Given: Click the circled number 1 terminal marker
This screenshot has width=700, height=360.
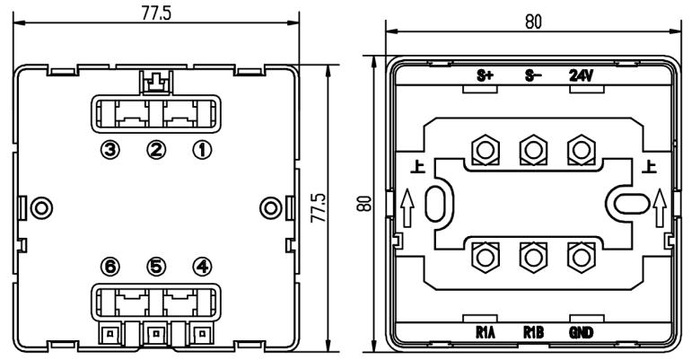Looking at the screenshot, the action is tap(202, 150).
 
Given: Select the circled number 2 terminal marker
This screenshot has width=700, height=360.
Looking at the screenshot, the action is tap(156, 150).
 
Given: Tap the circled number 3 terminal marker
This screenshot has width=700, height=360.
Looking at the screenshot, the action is tap(109, 150).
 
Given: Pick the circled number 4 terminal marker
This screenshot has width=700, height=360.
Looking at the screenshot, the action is tap(202, 267).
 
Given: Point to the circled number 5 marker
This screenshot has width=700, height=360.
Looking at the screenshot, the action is tap(156, 267).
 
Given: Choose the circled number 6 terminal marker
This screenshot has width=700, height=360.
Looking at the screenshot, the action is tap(109, 267).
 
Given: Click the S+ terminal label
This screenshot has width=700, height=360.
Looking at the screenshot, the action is tap(485, 76).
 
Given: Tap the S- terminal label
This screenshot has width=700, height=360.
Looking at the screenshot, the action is tap(533, 76).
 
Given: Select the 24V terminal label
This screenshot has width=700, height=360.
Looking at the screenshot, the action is tap(582, 76).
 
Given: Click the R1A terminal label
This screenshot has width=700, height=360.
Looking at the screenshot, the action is tap(486, 332).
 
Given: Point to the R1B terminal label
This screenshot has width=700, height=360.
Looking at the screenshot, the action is tap(533, 332).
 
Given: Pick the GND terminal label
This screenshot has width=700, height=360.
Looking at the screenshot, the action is tap(582, 332).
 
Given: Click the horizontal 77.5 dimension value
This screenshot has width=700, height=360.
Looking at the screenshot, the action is tap(156, 13).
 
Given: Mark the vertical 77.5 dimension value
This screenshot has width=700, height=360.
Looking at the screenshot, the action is tap(318, 208).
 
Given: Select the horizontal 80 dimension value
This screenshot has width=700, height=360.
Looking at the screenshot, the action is tap(533, 22).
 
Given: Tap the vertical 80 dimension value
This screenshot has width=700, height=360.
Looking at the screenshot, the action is tap(364, 204).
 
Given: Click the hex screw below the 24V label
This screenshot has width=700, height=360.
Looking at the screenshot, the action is tap(582, 151).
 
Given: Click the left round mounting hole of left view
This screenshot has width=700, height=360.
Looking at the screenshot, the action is tap(41, 207).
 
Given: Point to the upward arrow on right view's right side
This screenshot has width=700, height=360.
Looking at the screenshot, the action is tap(660, 207).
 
